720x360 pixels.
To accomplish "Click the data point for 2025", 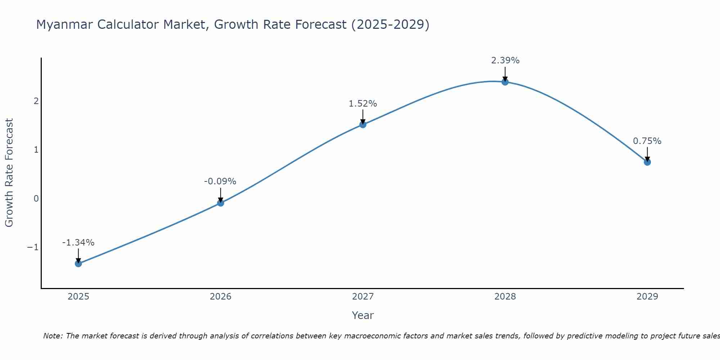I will point(78,264).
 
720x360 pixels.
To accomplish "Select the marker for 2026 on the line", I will point(221,203).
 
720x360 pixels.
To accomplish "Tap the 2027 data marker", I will point(363,125).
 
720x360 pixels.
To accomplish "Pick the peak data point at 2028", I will point(505,82).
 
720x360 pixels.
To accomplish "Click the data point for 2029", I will point(647,162).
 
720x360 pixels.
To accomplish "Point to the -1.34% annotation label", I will point(78,243).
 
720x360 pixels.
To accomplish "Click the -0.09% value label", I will point(220,181).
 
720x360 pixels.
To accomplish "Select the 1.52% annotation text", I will point(363,104).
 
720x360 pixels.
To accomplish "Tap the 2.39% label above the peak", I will point(505,60).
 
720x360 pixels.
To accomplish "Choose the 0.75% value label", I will point(647,141).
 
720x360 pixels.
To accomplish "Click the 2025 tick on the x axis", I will point(78,297).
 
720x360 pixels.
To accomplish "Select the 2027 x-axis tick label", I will point(363,297).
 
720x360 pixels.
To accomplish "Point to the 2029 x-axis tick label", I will point(647,297).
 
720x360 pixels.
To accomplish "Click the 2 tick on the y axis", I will point(36,101).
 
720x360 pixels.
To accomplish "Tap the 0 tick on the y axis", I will point(36,199).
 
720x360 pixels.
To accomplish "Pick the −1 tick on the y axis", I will point(33,247).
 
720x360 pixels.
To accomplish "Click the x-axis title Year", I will point(363,315).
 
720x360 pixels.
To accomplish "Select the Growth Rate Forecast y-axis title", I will point(9,173).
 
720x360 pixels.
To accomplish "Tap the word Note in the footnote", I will point(53,336).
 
